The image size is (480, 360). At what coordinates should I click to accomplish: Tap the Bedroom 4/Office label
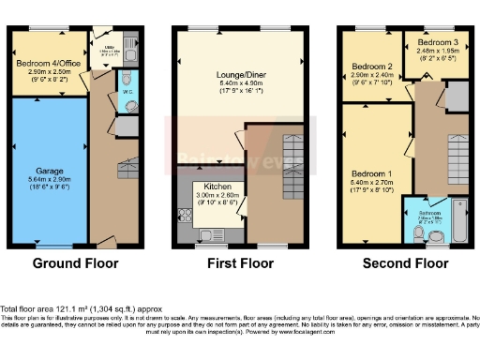coord(47,64)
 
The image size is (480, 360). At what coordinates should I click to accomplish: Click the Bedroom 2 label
coord(370,67)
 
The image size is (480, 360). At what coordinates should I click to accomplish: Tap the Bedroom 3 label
coord(436,43)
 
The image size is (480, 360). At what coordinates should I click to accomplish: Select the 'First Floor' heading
coord(238,264)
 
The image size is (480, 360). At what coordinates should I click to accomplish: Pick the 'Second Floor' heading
coord(402,264)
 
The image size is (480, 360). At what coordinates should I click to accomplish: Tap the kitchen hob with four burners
coord(181,199)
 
